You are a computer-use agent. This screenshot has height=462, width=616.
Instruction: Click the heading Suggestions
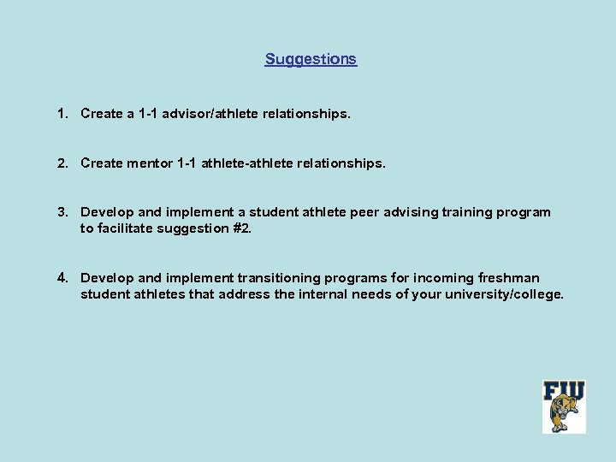click(x=311, y=59)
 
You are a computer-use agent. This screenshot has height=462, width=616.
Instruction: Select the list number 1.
click(x=62, y=113)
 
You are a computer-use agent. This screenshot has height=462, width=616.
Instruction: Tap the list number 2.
click(x=62, y=162)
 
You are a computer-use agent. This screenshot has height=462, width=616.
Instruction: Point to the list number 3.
click(x=62, y=211)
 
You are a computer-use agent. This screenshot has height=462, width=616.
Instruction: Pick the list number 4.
click(x=62, y=277)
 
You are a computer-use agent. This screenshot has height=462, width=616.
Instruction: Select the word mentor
click(x=149, y=162)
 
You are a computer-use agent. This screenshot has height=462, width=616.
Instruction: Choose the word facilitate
click(x=126, y=228)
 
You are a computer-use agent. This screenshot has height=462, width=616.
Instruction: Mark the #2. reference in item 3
click(x=242, y=228)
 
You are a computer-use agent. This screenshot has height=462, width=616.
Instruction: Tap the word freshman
click(x=509, y=277)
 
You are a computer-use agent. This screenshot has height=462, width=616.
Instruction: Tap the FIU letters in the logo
click(x=564, y=392)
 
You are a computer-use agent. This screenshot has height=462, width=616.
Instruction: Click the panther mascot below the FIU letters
click(x=566, y=418)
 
